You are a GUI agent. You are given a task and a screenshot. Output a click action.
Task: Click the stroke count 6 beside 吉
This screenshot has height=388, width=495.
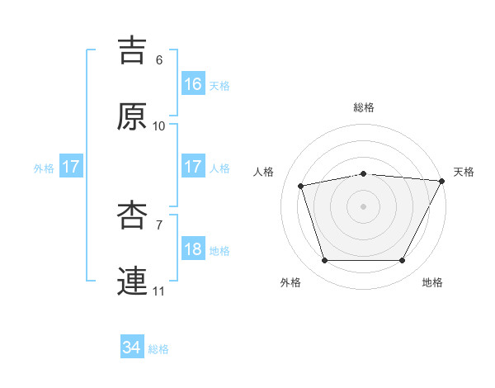click(x=159, y=60)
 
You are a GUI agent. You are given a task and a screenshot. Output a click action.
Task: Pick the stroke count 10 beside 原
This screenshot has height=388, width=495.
click(x=159, y=126)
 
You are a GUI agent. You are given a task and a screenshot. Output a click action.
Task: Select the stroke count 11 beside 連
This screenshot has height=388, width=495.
click(x=159, y=291)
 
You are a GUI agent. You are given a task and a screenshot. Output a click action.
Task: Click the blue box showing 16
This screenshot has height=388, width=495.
click(x=193, y=83)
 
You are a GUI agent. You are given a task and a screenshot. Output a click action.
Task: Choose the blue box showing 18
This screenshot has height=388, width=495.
click(x=193, y=249)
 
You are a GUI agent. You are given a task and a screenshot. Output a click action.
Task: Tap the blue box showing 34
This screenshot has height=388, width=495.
click(x=131, y=348)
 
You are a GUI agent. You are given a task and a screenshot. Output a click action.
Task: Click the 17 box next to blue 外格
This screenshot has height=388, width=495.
click(x=70, y=167)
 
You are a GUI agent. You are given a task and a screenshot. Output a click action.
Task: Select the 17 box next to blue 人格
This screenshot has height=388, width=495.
click(x=193, y=167)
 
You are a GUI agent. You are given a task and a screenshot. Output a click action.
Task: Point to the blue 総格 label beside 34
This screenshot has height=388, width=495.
click(x=158, y=349)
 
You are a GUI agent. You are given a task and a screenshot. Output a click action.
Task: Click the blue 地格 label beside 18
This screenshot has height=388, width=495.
click(x=219, y=250)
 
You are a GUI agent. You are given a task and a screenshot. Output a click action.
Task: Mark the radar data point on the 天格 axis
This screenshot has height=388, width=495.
click(x=442, y=181)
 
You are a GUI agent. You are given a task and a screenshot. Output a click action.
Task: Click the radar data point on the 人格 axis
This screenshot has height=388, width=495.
click(x=301, y=186)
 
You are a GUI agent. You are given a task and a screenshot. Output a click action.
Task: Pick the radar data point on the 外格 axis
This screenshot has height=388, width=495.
click(x=324, y=260)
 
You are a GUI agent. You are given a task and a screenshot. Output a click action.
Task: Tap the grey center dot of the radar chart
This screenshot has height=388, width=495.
click(x=363, y=206)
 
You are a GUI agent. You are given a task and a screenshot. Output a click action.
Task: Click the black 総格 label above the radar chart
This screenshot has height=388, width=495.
click(x=363, y=107)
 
